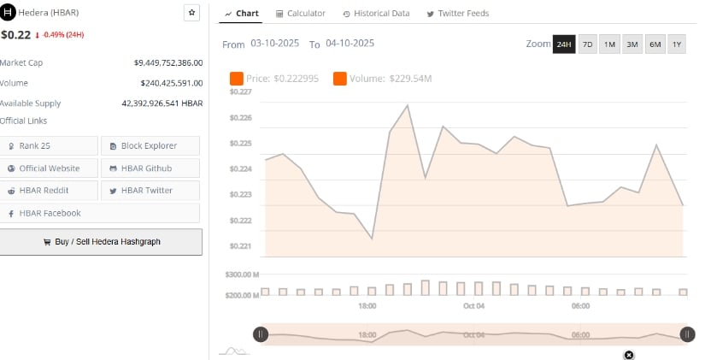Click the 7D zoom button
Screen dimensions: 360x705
click(x=587, y=44)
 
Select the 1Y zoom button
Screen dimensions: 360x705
click(x=677, y=44)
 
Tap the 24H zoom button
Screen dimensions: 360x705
click(x=564, y=44)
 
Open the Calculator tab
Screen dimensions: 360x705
click(x=300, y=14)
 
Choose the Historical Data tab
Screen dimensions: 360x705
click(x=376, y=14)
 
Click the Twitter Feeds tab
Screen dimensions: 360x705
click(x=454, y=14)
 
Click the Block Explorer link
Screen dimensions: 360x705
click(x=150, y=146)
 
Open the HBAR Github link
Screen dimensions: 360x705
click(x=150, y=168)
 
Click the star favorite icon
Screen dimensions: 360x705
click(x=192, y=13)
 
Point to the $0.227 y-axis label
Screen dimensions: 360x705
click(x=240, y=91)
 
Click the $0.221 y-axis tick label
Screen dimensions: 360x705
click(x=240, y=246)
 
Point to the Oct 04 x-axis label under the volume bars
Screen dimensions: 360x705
click(x=474, y=305)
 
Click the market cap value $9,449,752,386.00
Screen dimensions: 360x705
click(x=168, y=62)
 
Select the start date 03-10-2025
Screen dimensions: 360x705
click(x=275, y=44)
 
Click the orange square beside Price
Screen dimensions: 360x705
click(x=237, y=80)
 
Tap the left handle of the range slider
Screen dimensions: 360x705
click(x=261, y=334)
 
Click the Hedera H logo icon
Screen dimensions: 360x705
click(x=9, y=14)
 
